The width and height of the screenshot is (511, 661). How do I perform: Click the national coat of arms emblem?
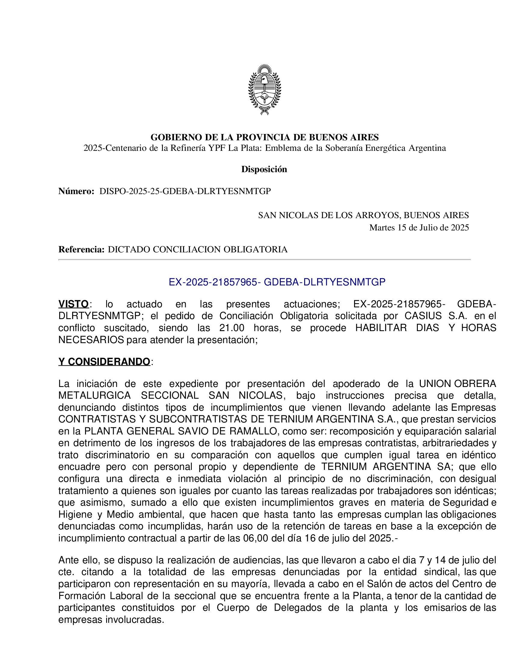(x=264, y=90)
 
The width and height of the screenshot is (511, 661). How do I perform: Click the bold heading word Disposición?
(x=264, y=169)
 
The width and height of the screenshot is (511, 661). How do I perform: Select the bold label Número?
(x=76, y=191)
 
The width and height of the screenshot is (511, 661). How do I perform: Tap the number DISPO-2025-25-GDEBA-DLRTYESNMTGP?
(x=185, y=191)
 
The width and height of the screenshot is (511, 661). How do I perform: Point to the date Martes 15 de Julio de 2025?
(x=419, y=228)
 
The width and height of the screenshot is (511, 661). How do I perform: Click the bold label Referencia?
(x=81, y=249)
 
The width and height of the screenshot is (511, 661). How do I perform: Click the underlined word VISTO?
(x=74, y=304)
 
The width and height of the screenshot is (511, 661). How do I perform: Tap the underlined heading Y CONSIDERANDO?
(x=104, y=362)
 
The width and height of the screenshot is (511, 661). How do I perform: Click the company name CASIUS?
(x=423, y=316)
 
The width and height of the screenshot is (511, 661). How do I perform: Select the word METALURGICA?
(x=94, y=396)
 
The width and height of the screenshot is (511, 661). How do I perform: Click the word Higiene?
(x=75, y=514)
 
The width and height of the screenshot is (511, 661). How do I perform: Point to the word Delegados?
(x=298, y=608)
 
